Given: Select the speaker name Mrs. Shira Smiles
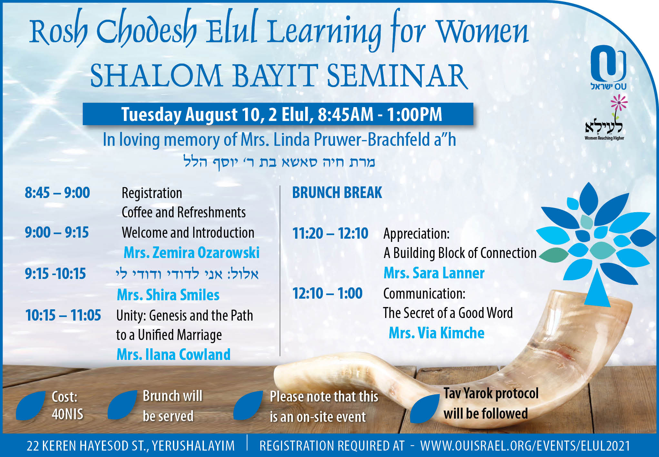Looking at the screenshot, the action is pos(168,295).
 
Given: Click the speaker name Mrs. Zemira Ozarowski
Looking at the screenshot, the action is pos(192,253).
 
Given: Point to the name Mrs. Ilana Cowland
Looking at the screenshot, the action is pos(174,354).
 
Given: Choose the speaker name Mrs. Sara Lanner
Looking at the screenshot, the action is pos(434,273).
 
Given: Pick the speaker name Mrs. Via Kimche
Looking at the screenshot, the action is pos(436,333).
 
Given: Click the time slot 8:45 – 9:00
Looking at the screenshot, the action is pos(57,193).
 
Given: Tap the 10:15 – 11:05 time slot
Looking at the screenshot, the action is pos(63,315).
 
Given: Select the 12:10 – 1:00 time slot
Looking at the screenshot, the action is pos(327,293).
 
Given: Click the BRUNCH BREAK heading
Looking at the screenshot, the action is pos(337,193).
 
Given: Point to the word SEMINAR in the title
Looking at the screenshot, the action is pos(397,76).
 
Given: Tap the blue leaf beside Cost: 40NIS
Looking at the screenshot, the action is pos(31,405).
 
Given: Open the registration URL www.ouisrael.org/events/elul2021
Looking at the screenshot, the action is pos(525,446).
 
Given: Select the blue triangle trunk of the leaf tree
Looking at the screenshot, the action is pos(597,288).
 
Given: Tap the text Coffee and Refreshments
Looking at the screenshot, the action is pos(184,213).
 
